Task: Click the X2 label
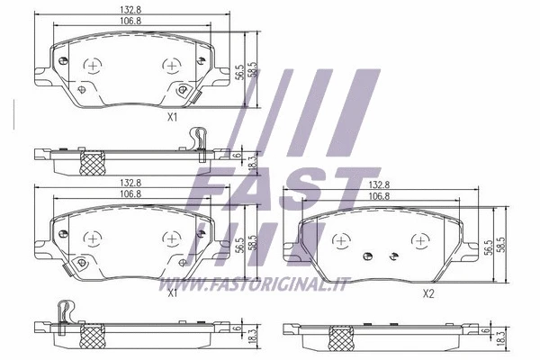tap(428, 293)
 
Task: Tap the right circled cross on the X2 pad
tap(419, 241)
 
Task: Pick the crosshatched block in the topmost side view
tap(92, 163)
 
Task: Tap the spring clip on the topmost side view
tap(200, 139)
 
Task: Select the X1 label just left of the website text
tap(171, 292)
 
